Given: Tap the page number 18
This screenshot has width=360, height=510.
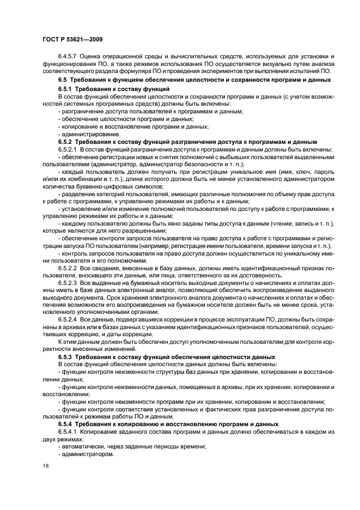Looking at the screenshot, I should (45, 466).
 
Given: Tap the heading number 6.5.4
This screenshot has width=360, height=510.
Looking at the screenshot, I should (66, 424).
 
